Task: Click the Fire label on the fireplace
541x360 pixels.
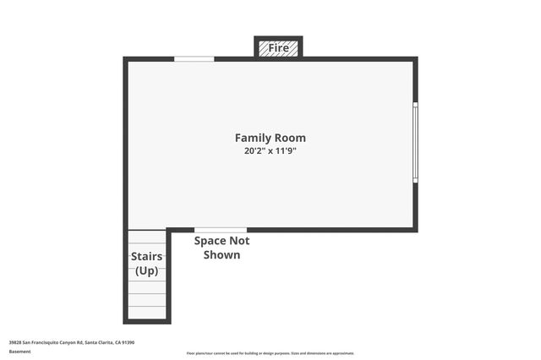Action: [x=278, y=48]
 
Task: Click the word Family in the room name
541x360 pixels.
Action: [x=253, y=138]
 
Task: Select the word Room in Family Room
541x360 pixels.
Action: [x=290, y=138]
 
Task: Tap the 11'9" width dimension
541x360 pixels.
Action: [x=284, y=151]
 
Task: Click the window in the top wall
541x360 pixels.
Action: [x=194, y=58]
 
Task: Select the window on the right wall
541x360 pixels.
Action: [x=415, y=142]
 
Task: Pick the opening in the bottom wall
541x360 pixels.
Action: [x=221, y=230]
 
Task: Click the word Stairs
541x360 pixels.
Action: [x=147, y=257]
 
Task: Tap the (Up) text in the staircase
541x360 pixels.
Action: [x=147, y=270]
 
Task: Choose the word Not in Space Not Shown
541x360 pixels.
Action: [x=239, y=241]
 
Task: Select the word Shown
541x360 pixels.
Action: [x=221, y=254]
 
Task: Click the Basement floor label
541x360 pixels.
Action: [x=19, y=351]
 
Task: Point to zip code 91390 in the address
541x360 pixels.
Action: [x=128, y=342]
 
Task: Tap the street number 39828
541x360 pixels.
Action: [x=15, y=342]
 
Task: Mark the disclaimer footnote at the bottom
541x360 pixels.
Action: [x=270, y=353]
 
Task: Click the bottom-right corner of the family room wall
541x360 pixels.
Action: [x=415, y=229]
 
